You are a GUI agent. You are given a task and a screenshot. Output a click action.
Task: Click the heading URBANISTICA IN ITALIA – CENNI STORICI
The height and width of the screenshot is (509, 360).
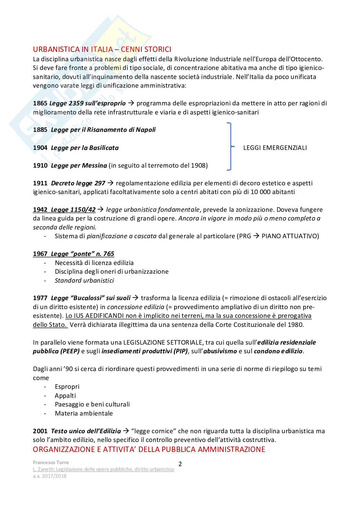coord(102,49)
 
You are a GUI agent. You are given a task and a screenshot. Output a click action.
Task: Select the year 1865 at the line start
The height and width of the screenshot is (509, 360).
coord(40,103)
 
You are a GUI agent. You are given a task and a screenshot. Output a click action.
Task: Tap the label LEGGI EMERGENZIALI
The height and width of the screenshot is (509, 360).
coord(275,148)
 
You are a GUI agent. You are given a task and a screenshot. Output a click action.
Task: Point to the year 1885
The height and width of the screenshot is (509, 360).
coord(40,130)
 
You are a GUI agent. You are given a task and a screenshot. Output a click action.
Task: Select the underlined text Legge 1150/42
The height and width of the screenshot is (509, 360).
coord(73,210)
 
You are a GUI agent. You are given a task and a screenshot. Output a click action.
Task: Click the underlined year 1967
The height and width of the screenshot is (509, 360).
coord(40,254)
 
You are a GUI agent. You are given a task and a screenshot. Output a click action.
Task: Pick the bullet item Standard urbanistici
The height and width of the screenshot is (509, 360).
coord(84,281)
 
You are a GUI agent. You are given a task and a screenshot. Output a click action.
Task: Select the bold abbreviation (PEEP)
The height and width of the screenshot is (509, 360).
coord(70,351)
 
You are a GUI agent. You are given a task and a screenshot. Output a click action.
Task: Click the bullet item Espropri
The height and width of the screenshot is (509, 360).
coord(67,387)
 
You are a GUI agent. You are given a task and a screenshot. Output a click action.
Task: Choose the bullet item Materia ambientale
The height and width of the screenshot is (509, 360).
coord(84,414)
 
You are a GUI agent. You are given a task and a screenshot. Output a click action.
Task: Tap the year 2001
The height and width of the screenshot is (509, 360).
coord(40,431)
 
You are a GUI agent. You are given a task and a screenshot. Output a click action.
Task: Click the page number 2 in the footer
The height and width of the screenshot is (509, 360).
coord(180,464)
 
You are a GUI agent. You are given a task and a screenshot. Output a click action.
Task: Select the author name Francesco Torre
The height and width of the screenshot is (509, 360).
coord(51,463)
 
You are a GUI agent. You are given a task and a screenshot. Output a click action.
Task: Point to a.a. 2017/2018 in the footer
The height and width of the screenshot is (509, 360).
coord(50,476)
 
